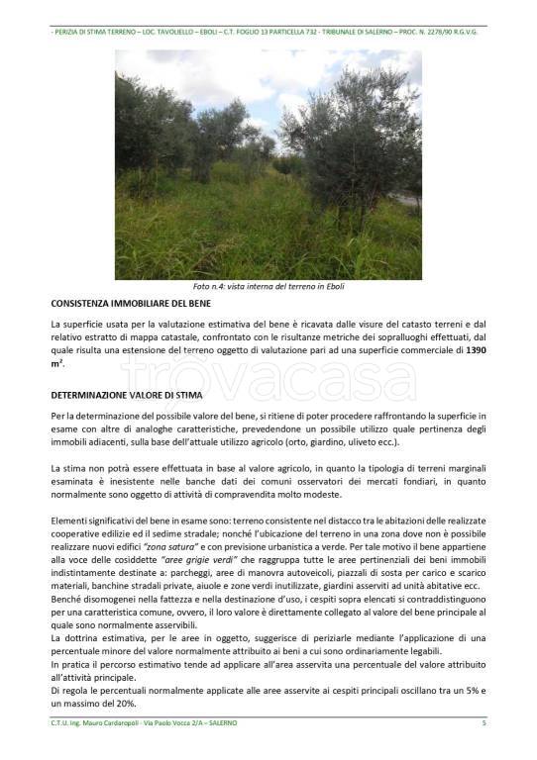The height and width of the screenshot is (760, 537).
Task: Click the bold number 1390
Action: pyautogui.click(x=476, y=350)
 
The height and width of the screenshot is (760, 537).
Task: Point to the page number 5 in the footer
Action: pyautogui.click(x=483, y=723)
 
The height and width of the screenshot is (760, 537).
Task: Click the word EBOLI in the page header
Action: pyautogui.click(x=210, y=32)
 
